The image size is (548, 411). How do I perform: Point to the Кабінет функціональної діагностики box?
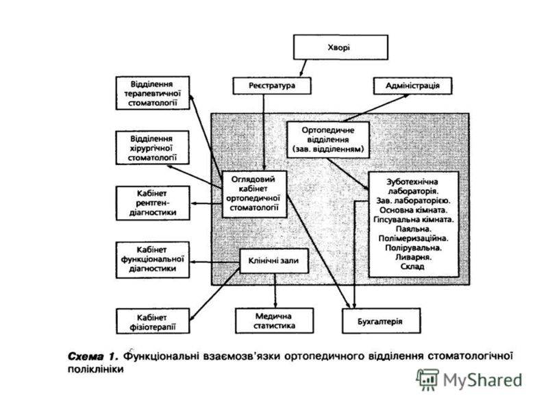coord(153,258)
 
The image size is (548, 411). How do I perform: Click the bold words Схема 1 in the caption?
coord(95,356)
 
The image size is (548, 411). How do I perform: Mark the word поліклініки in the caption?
coord(95,369)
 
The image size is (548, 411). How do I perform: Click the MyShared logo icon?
coord(428,379)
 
